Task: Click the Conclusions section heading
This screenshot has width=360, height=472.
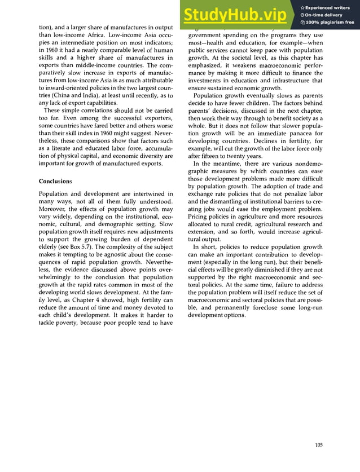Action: point(55,182)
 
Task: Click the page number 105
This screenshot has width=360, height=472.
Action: point(319,445)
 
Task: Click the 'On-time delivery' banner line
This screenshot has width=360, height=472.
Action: point(324,15)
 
